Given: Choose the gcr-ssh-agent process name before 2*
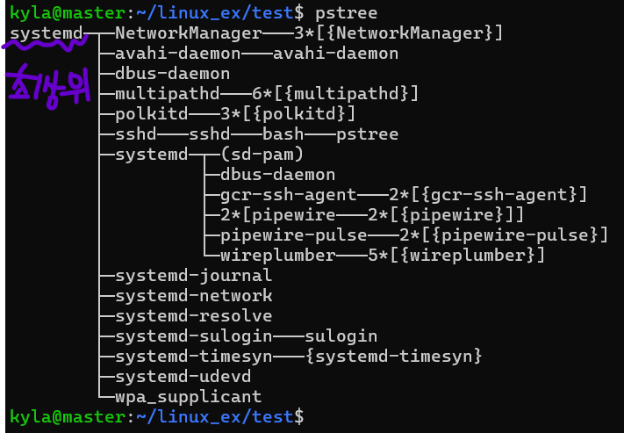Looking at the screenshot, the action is point(288,195).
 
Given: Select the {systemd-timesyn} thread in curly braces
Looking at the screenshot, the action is point(393,357).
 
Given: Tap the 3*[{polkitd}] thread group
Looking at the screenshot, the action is point(288,114).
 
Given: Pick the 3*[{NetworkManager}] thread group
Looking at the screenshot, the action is point(398,34).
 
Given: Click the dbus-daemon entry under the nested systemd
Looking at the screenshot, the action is point(277,175).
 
